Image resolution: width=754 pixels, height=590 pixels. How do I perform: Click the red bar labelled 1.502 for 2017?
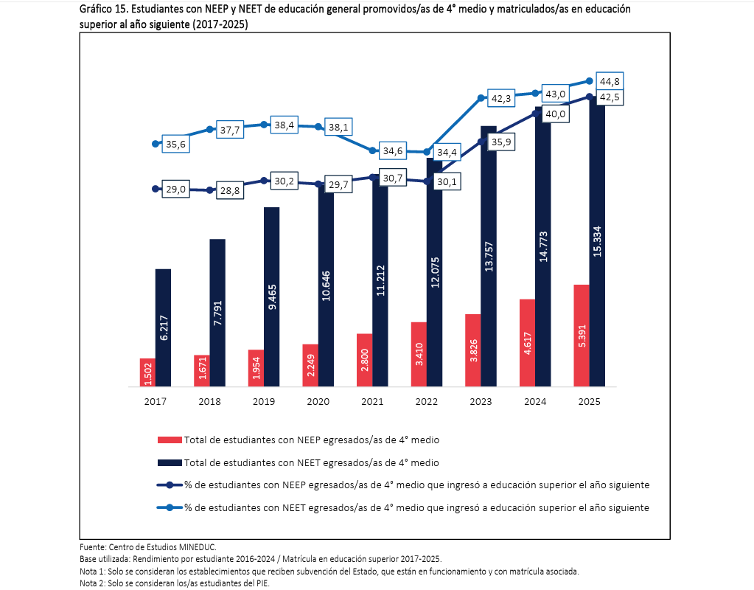pyautogui.click(x=147, y=372)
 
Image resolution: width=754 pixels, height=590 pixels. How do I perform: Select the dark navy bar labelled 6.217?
pyautogui.click(x=163, y=327)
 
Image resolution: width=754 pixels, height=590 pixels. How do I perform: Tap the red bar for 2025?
pyautogui.click(x=582, y=336)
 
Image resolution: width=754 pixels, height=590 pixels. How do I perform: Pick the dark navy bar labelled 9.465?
pyautogui.click(x=272, y=296)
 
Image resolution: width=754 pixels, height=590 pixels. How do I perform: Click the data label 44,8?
pyautogui.click(x=610, y=81)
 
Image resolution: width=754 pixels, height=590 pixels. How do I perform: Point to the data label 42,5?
pyautogui.click(x=610, y=97)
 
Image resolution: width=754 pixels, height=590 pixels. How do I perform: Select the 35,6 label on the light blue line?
pyautogui.click(x=175, y=144)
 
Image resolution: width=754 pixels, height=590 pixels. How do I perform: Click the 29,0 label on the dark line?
pyautogui.click(x=175, y=189)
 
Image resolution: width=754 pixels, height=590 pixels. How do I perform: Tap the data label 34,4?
pyautogui.click(x=447, y=152)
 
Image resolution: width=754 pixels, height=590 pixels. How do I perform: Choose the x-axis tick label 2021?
pyautogui.click(x=372, y=401)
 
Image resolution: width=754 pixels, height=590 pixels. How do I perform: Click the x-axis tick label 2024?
pyautogui.click(x=535, y=401)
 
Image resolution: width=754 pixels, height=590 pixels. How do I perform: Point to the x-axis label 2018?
pyautogui.click(x=209, y=401)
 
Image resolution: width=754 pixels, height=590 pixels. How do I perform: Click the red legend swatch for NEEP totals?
pyautogui.click(x=170, y=440)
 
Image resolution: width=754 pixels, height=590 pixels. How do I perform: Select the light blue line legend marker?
pyautogui.click(x=170, y=507)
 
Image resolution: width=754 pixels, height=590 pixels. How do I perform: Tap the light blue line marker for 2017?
pyautogui.click(x=156, y=144)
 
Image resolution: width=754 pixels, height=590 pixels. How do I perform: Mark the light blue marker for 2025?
pyautogui.click(x=590, y=81)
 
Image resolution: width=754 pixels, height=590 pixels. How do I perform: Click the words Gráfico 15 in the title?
pyautogui.click(x=103, y=9)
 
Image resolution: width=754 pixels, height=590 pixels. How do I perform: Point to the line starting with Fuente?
pyautogui.click(x=148, y=547)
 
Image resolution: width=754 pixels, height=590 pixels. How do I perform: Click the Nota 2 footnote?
pyautogui.click(x=175, y=583)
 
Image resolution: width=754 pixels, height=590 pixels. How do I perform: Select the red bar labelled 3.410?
pyautogui.click(x=419, y=354)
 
